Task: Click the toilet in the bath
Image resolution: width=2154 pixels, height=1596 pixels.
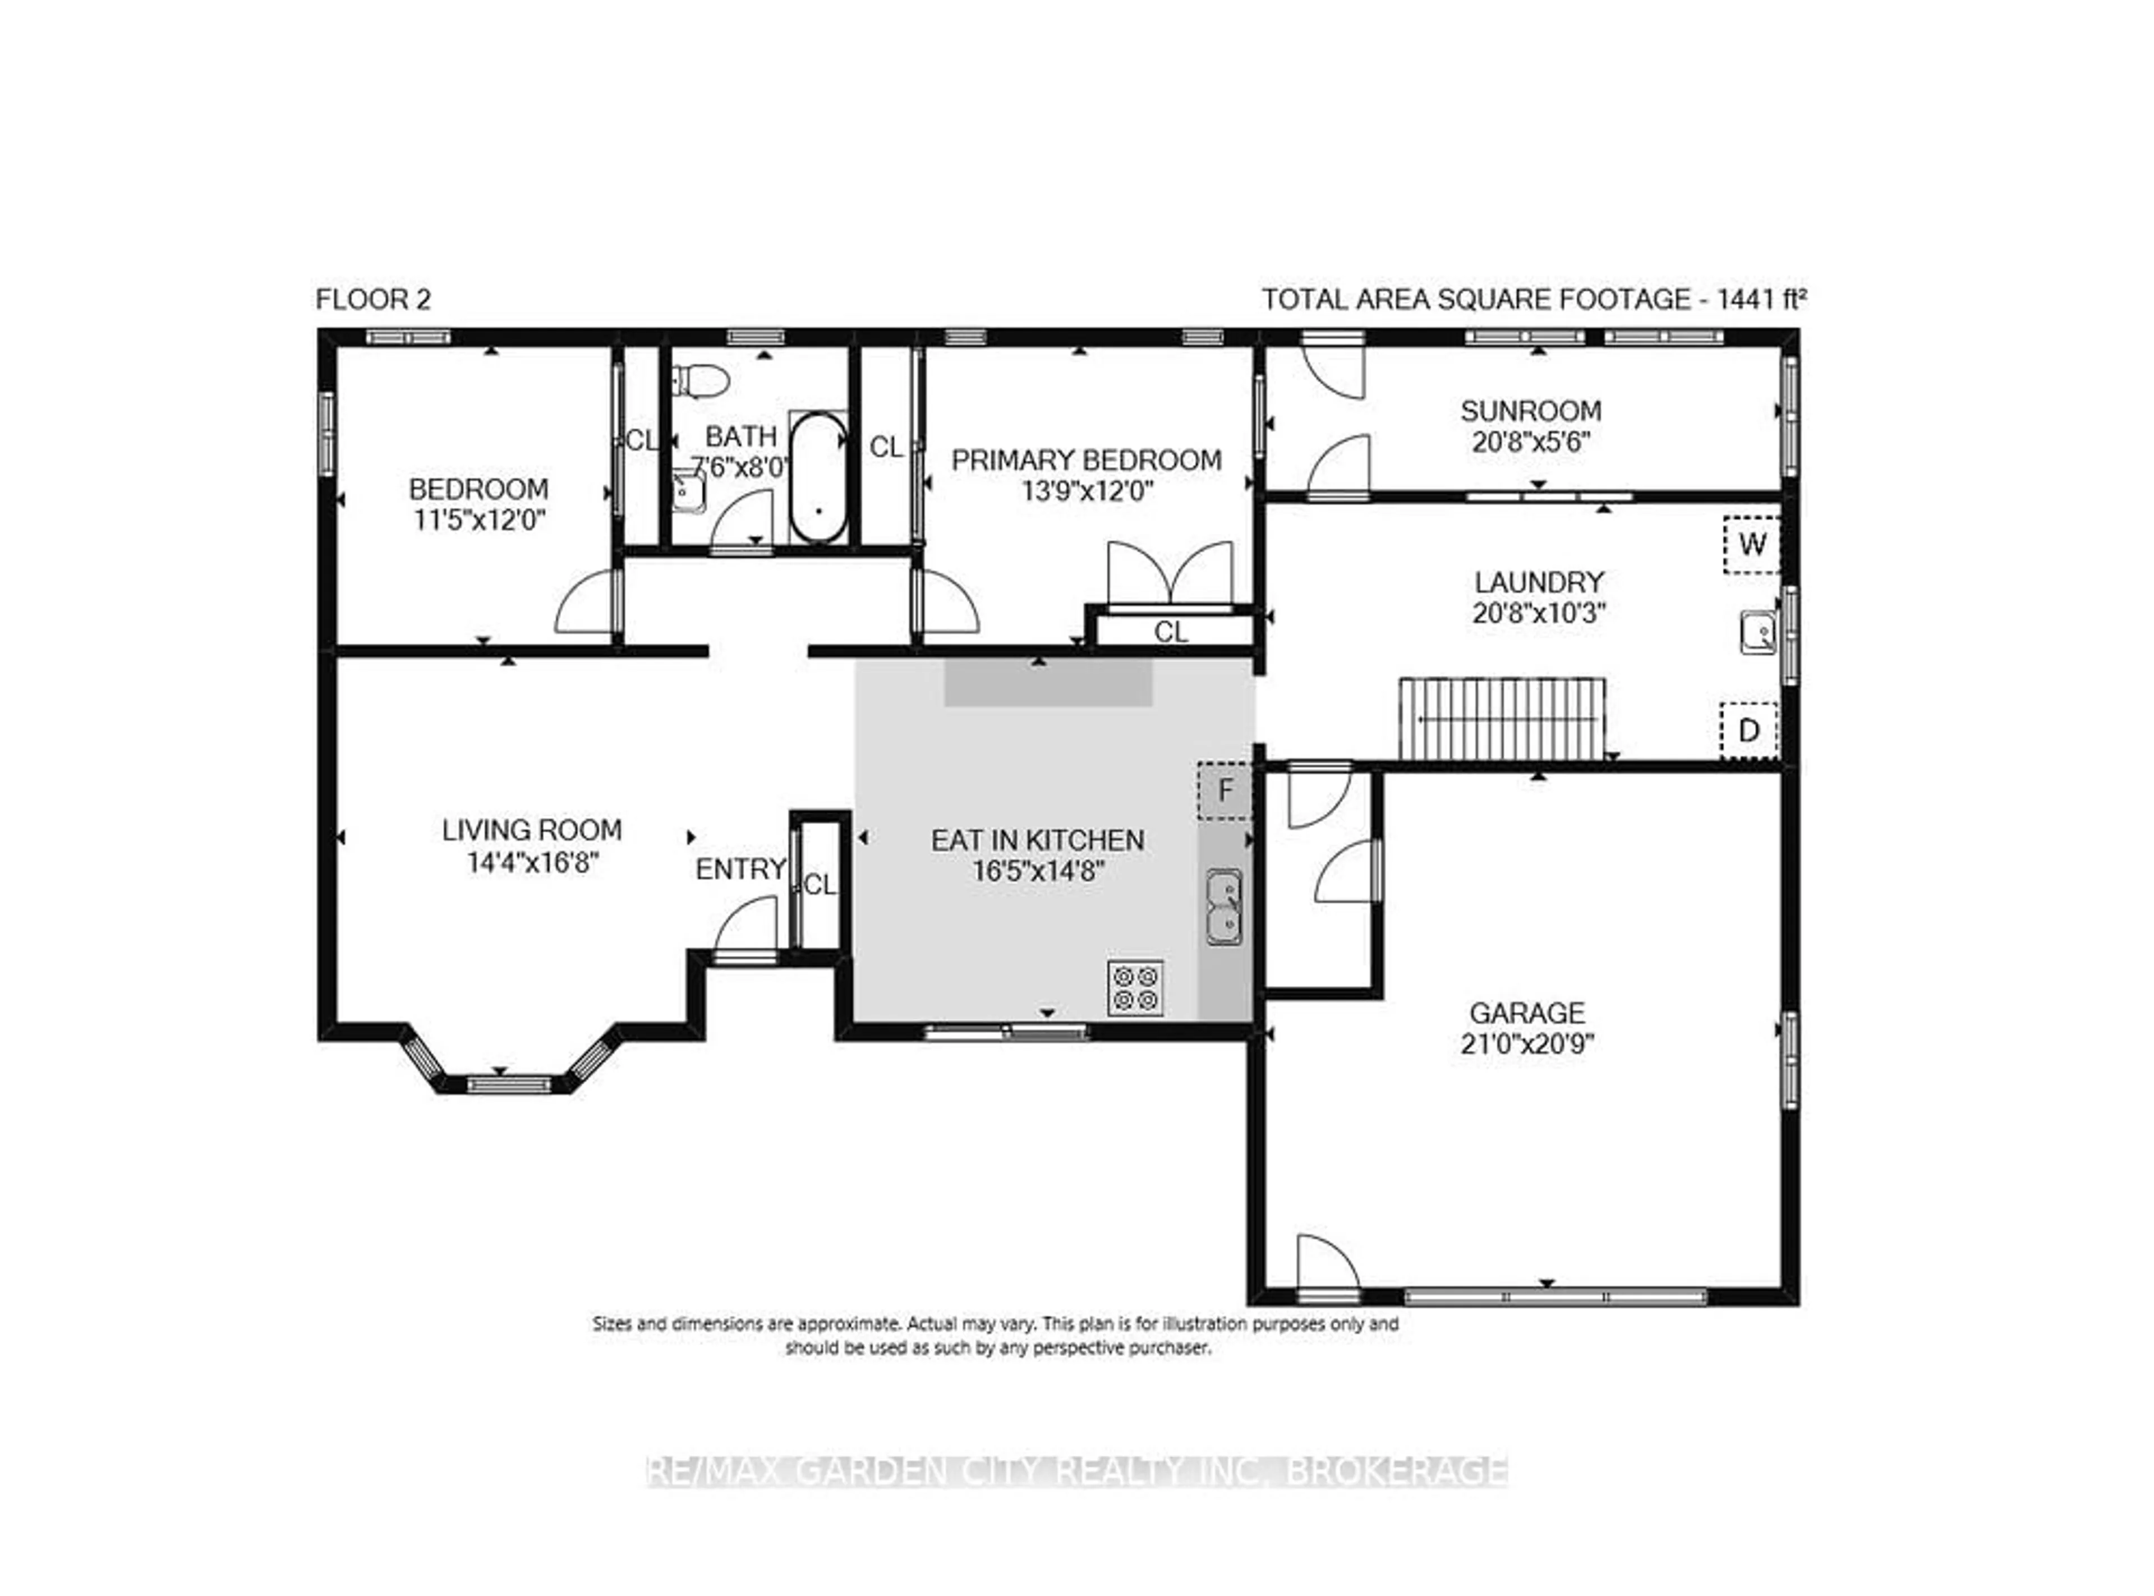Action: click(x=701, y=380)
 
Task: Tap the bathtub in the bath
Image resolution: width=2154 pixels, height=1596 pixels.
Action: click(x=818, y=478)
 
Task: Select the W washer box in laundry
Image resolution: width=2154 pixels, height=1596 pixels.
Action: click(x=1751, y=545)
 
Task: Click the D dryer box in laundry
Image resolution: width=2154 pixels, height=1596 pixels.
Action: click(x=1748, y=730)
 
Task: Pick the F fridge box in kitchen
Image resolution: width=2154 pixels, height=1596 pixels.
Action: click(x=1225, y=791)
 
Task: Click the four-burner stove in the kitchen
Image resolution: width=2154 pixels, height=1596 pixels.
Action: click(x=1135, y=987)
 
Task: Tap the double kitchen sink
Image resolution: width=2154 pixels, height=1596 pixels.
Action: click(x=1224, y=906)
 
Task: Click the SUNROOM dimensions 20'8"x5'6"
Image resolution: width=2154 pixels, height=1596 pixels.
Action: click(x=1531, y=443)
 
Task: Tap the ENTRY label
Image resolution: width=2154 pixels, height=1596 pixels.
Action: click(x=741, y=870)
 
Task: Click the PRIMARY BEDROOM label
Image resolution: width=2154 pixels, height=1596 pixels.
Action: click(x=1085, y=460)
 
